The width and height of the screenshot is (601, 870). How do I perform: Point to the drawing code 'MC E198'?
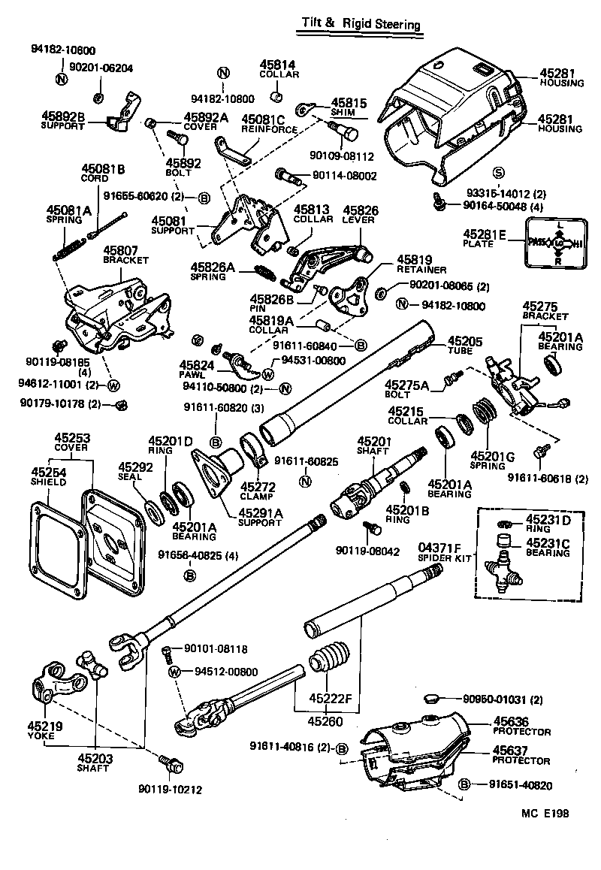(x=546, y=813)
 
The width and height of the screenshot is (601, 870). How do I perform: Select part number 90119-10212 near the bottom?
(x=170, y=790)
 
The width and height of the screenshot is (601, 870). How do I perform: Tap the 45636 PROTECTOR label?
(x=521, y=727)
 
